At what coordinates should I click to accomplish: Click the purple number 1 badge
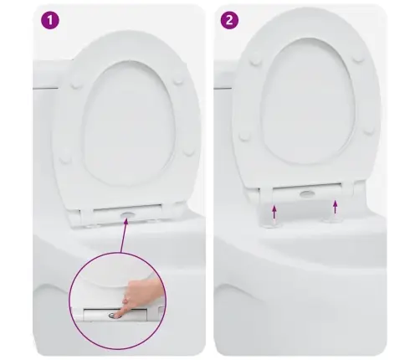pyautogui.click(x=50, y=20)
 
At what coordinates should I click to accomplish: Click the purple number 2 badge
pyautogui.click(x=229, y=20)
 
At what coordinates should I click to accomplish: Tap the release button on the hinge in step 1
pyautogui.click(x=128, y=214)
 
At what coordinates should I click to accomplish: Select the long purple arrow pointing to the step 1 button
pyautogui.click(x=124, y=236)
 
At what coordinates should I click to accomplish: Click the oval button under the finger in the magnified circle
pyautogui.click(x=112, y=316)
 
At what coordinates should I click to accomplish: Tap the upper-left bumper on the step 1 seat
pyautogui.click(x=76, y=84)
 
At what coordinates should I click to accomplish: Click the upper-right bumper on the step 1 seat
pyautogui.click(x=178, y=80)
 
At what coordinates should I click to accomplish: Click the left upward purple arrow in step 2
pyautogui.click(x=274, y=212)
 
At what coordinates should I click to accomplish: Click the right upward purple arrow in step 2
pyautogui.click(x=335, y=207)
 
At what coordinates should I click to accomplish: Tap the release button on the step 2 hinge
pyautogui.click(x=307, y=193)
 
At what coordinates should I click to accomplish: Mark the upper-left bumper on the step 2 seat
pyautogui.click(x=255, y=61)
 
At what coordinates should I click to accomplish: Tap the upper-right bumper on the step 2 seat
pyautogui.click(x=358, y=58)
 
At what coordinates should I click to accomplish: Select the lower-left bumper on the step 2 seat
pyautogui.click(x=245, y=136)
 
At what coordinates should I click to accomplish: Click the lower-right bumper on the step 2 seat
pyautogui.click(x=369, y=130)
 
